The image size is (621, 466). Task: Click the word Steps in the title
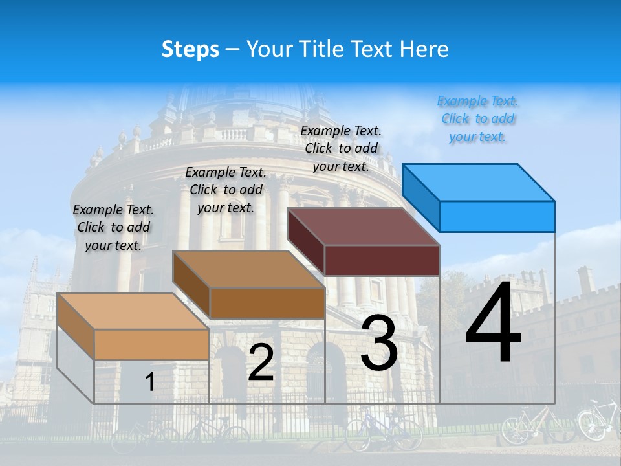(190, 49)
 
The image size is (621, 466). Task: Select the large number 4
(493, 324)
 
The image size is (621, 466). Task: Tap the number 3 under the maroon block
(379, 343)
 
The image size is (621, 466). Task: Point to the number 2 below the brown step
(261, 362)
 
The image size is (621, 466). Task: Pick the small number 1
(149, 383)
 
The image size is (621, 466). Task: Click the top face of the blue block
(479, 182)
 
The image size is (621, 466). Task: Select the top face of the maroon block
(364, 227)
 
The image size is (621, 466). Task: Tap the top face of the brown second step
(248, 269)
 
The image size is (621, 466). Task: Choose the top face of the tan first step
(133, 311)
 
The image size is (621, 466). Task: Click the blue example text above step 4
(478, 119)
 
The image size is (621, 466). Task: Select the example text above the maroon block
(341, 148)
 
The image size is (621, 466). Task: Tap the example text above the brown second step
(226, 190)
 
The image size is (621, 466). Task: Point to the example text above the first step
(113, 227)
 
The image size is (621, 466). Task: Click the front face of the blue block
(497, 216)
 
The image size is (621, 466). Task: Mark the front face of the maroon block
(382, 260)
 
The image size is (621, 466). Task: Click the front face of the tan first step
(151, 344)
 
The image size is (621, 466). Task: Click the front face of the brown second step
(267, 303)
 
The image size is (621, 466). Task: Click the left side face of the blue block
(421, 197)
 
